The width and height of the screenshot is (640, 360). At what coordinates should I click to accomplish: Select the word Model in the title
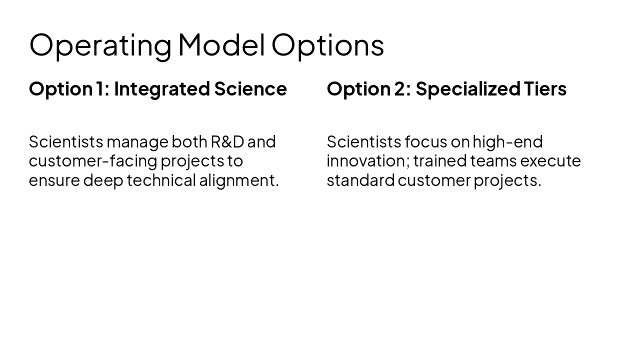click(221, 45)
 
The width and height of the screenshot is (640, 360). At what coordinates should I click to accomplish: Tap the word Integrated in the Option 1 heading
click(161, 89)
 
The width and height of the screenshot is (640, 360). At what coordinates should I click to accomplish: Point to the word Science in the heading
click(250, 89)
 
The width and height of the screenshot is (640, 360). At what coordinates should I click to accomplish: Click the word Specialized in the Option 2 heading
click(468, 89)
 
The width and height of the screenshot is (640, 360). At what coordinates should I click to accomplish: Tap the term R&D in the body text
click(227, 142)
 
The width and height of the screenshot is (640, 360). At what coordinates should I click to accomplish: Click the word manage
click(137, 142)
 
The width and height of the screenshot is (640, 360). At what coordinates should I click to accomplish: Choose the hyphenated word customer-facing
click(93, 161)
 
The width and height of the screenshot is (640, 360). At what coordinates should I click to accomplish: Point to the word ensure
click(54, 180)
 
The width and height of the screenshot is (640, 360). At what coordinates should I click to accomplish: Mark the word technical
click(161, 180)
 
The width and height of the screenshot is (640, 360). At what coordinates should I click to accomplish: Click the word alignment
click(238, 180)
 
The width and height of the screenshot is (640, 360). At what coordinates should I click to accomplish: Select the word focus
click(425, 142)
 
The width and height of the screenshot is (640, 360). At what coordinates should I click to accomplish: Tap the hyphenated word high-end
click(507, 142)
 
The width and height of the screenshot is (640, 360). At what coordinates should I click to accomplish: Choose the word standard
click(360, 180)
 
